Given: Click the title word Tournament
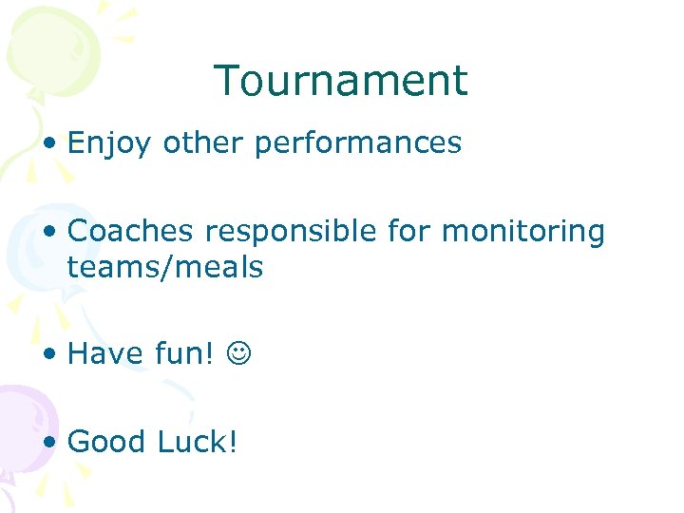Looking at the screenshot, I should point(341,81).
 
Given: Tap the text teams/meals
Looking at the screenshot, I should point(164,267).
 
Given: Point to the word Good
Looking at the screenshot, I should point(108,441).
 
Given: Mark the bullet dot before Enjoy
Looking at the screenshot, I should point(49,144).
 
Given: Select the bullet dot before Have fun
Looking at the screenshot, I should point(49,354).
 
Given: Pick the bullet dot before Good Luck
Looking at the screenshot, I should point(49,442).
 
